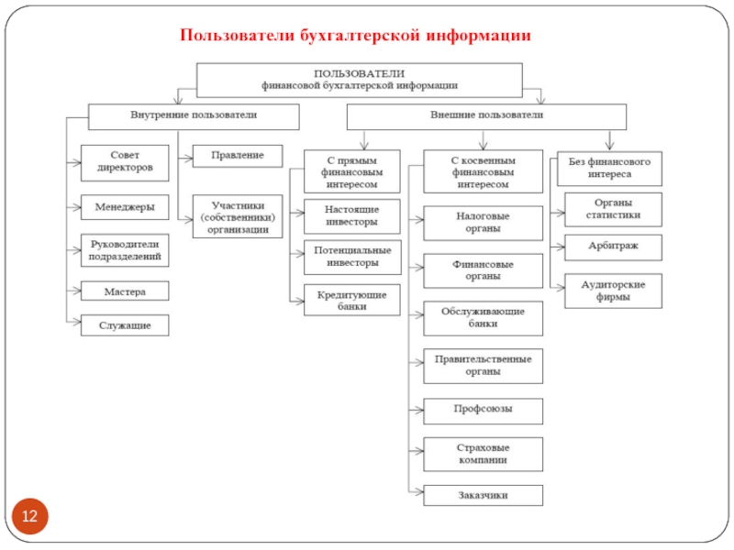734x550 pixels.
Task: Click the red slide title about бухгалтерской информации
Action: pyautogui.click(x=355, y=36)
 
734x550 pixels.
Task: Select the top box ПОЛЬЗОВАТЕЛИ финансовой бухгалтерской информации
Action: pyautogui.click(x=360, y=79)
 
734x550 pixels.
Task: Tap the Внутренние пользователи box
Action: pyautogui.click(x=193, y=116)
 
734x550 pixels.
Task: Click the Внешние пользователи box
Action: pyautogui.click(x=486, y=116)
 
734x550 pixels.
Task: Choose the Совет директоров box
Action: pyautogui.click(x=125, y=162)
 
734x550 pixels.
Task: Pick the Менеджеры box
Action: pyautogui.click(x=125, y=207)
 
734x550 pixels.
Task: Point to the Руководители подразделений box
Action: pyautogui.click(x=125, y=250)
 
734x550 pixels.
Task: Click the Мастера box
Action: pyautogui.click(x=125, y=291)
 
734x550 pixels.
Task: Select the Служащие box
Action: pyautogui.click(x=125, y=324)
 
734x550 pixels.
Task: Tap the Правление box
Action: pyautogui.click(x=238, y=156)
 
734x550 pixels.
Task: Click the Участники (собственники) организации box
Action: pyautogui.click(x=238, y=218)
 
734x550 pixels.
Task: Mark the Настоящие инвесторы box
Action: pyautogui.click(x=352, y=215)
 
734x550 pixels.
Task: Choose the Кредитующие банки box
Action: pyautogui.click(x=352, y=301)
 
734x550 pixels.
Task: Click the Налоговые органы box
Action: pyautogui.click(x=483, y=223)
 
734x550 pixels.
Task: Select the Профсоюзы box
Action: pyautogui.click(x=483, y=410)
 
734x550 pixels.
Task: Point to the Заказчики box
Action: pyautogui.click(x=483, y=495)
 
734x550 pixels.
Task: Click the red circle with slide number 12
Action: pyautogui.click(x=29, y=519)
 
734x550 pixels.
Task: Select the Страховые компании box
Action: pyautogui.click(x=483, y=454)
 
